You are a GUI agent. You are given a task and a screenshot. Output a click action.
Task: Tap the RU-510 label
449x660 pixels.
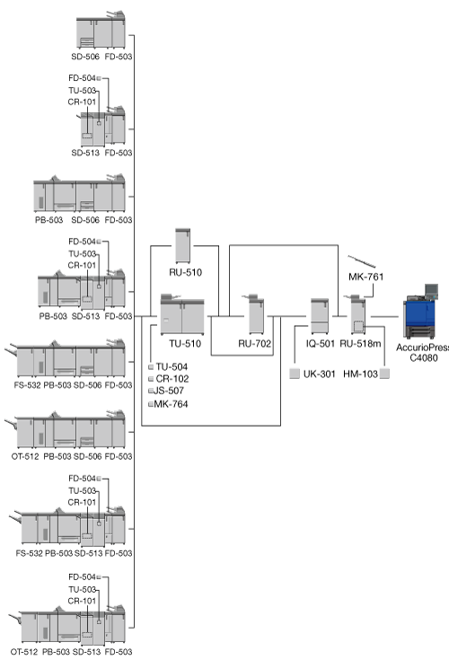click(186, 272)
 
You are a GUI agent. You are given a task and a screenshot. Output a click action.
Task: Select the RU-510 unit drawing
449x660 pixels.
click(182, 245)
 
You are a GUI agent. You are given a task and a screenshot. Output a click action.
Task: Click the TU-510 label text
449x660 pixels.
click(185, 343)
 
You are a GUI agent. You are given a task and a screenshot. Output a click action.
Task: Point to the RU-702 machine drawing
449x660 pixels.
click(255, 314)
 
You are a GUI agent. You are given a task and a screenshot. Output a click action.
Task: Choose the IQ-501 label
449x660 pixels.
click(321, 343)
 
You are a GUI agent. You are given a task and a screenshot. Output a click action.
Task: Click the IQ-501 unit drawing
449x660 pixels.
click(320, 316)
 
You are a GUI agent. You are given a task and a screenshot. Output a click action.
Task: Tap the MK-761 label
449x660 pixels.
click(366, 277)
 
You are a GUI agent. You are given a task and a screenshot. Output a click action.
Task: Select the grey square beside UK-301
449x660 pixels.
click(295, 374)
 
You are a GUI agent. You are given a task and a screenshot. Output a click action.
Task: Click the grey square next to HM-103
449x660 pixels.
click(384, 374)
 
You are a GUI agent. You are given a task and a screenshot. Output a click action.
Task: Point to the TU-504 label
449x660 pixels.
click(172, 366)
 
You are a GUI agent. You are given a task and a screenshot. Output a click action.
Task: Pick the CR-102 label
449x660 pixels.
click(172, 378)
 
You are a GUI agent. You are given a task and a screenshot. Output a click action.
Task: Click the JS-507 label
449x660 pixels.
click(168, 391)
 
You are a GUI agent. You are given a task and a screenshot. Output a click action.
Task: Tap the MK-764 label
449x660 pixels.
click(171, 404)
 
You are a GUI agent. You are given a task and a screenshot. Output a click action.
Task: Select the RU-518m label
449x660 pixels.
click(360, 343)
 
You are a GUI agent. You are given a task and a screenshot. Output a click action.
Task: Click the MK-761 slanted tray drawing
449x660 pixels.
click(362, 261)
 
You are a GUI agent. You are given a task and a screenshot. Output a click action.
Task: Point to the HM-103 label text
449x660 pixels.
click(361, 374)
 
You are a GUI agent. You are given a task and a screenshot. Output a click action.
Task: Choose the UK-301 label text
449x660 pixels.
click(320, 374)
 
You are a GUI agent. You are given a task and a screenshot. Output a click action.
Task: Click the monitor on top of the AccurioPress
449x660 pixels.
click(431, 291)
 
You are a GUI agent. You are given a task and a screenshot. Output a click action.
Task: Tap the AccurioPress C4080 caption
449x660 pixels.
click(423, 353)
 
